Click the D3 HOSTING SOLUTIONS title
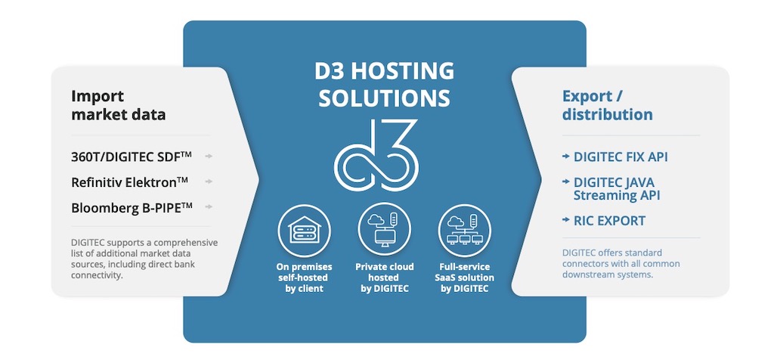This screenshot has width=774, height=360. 385,84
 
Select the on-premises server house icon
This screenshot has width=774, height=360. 304,230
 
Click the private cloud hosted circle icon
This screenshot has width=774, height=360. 384,230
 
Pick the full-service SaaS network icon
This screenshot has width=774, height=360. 464,230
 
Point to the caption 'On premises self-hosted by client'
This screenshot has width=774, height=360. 304,278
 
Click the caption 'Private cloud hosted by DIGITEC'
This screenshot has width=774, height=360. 385,278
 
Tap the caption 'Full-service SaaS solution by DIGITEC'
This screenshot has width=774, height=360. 465,278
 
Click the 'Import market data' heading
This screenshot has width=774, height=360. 119,105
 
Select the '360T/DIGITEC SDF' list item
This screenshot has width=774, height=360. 132,157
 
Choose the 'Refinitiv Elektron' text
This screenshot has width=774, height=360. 129,182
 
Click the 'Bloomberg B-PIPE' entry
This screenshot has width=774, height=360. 132,207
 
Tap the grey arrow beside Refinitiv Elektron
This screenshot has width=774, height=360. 209,182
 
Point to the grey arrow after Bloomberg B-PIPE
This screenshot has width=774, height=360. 209,207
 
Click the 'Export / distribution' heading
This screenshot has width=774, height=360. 607,105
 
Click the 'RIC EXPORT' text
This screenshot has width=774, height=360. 609,221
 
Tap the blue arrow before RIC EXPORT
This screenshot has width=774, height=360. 565,220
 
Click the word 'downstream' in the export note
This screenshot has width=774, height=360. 586,275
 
